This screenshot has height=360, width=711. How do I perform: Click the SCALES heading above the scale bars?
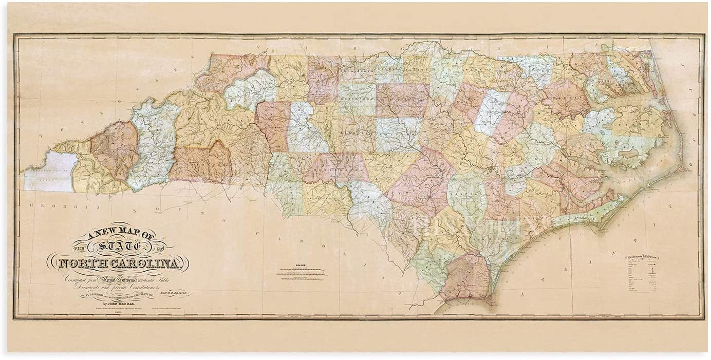[301, 266]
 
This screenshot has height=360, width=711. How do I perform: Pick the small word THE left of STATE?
[76, 248]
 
